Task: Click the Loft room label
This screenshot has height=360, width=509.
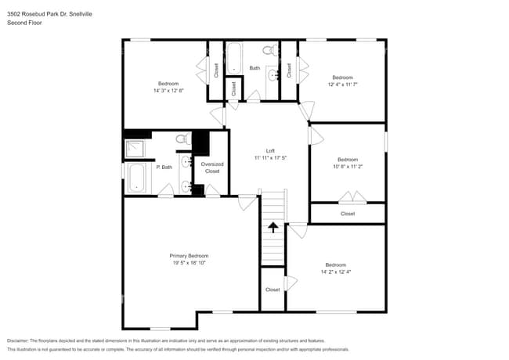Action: [270, 150]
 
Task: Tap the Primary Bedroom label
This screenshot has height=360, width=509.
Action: [189, 256]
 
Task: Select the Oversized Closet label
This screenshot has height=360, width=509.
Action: [212, 167]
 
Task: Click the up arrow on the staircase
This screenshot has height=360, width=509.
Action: [273, 228]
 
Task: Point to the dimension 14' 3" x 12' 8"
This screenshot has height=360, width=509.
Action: [168, 91]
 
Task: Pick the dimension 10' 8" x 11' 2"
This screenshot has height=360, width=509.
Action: [347, 167]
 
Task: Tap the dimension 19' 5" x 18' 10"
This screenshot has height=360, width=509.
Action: [189, 263]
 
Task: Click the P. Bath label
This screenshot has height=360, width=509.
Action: [164, 167]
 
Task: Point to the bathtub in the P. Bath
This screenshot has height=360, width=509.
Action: [136, 177]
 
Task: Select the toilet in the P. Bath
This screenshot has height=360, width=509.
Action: [182, 139]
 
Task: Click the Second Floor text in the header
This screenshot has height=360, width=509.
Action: [24, 23]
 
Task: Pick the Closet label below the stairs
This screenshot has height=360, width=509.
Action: [273, 290]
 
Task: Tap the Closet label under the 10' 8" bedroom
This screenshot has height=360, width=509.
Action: [348, 214]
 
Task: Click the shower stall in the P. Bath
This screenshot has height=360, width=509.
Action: [136, 149]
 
